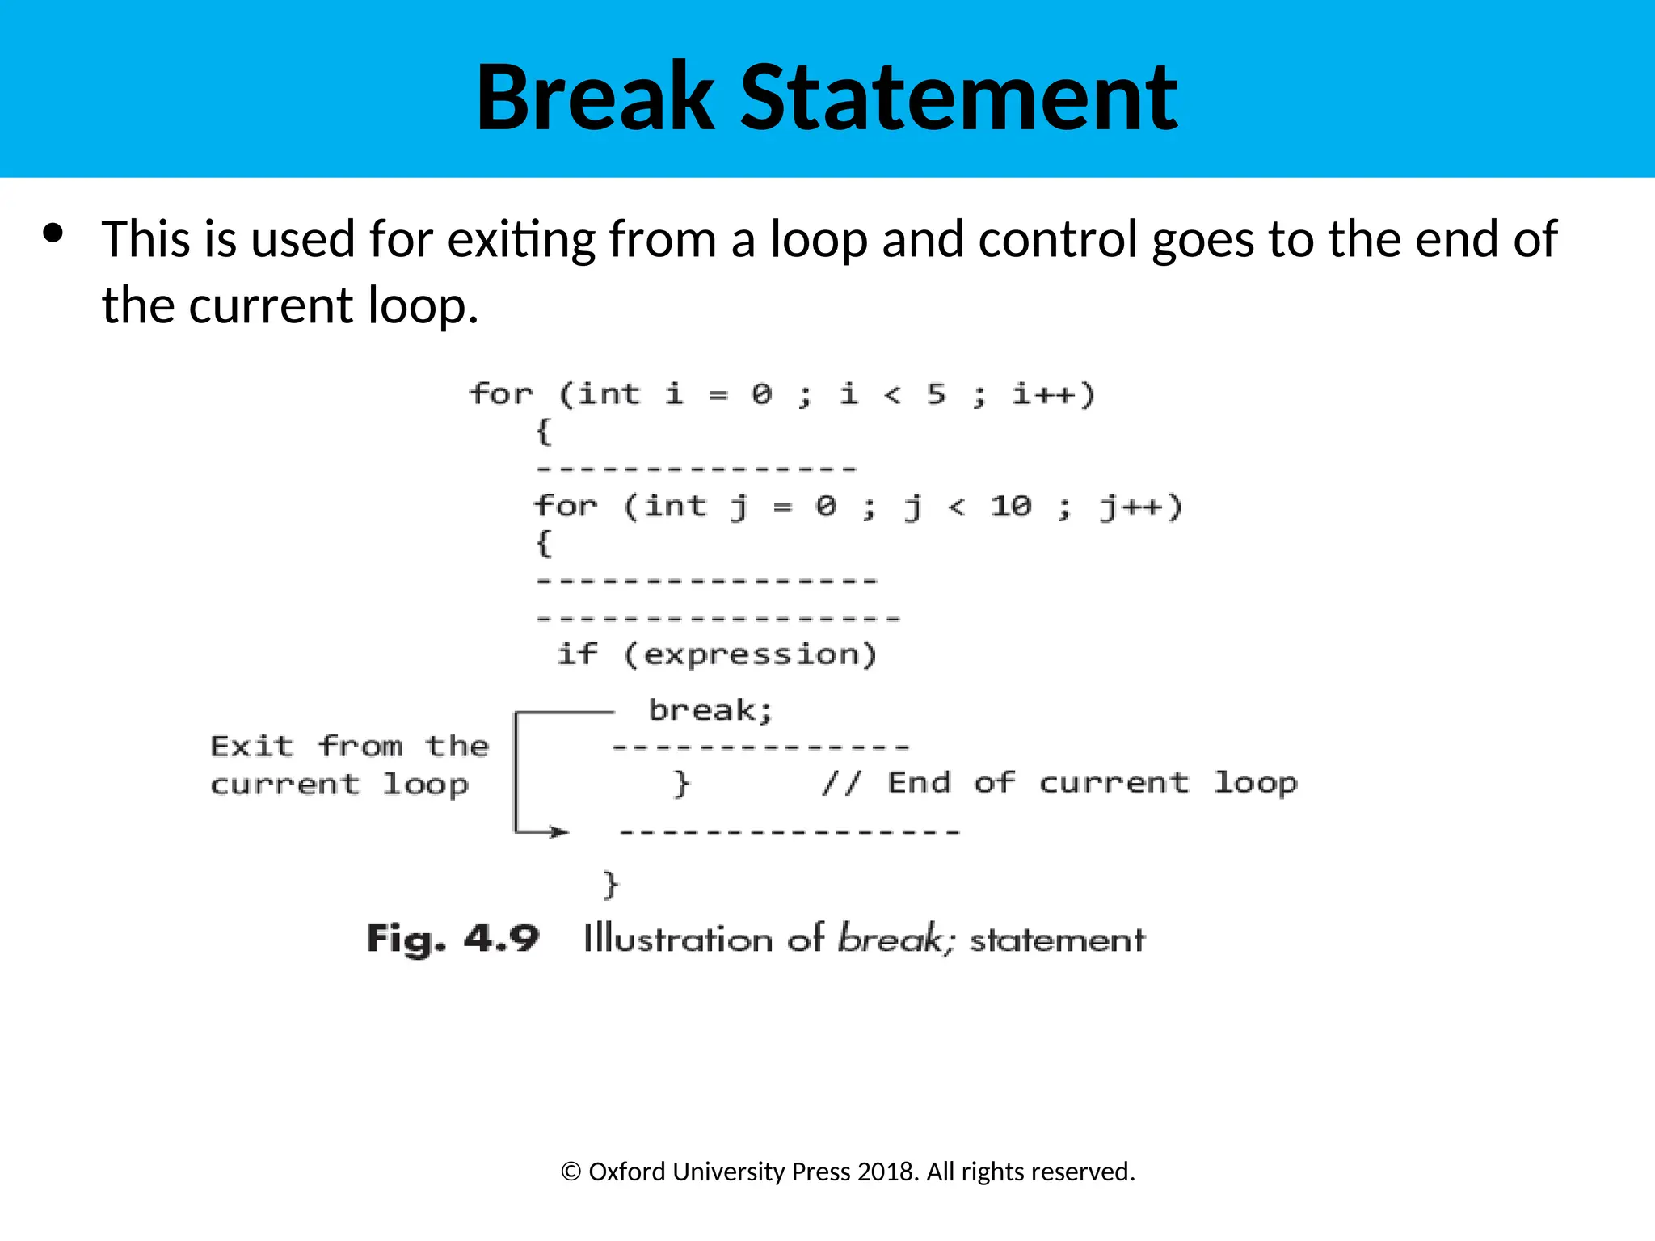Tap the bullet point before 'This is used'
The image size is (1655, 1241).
click(x=53, y=234)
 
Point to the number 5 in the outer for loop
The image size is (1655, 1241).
click(x=936, y=394)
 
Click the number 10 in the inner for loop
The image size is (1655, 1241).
click(x=1010, y=507)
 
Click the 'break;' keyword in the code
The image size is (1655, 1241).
click(x=710, y=710)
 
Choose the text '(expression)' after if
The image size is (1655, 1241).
click(x=750, y=654)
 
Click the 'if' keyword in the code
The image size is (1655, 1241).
click(x=577, y=653)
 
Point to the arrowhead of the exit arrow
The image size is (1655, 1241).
click(x=560, y=831)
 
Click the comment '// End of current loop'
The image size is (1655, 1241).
click(x=1059, y=782)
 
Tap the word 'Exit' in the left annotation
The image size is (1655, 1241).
click(x=251, y=746)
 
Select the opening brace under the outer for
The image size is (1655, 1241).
click(x=544, y=431)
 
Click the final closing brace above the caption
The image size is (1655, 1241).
click(x=610, y=884)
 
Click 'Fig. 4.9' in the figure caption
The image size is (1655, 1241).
click(x=453, y=939)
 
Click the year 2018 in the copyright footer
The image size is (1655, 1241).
click(x=886, y=1172)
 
